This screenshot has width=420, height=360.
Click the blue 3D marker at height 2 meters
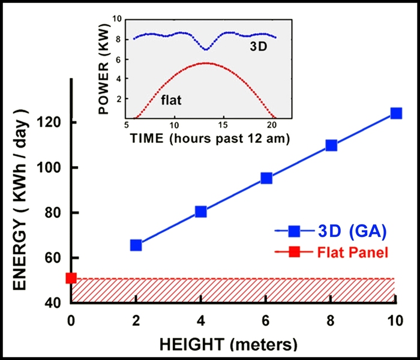click(136, 245)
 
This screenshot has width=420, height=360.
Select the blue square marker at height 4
click(201, 211)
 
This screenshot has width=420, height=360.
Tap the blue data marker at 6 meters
click(266, 178)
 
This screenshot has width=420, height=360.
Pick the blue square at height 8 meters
click(331, 145)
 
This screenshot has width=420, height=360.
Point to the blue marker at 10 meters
click(396, 113)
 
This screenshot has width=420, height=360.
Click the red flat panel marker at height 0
click(71, 278)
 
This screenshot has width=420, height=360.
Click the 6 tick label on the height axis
click(266, 320)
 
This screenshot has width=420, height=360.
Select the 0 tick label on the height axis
click(71, 320)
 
